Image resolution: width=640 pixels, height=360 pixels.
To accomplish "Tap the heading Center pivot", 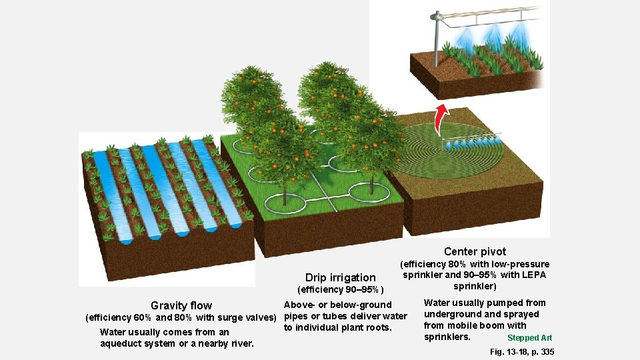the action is point(475,251).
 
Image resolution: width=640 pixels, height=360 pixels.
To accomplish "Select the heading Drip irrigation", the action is point(340,277).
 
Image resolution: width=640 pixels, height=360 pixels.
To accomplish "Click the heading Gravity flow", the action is point(181,305).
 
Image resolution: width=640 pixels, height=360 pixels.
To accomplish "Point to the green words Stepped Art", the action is point(529,338).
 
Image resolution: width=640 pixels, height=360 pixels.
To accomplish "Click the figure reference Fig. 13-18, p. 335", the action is point(521,351).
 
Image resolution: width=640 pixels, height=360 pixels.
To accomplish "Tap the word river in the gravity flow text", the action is point(241,343).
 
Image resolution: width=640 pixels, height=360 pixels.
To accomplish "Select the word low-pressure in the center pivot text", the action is point(520,264).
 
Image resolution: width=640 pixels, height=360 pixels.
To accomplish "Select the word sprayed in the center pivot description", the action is point(522,314).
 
